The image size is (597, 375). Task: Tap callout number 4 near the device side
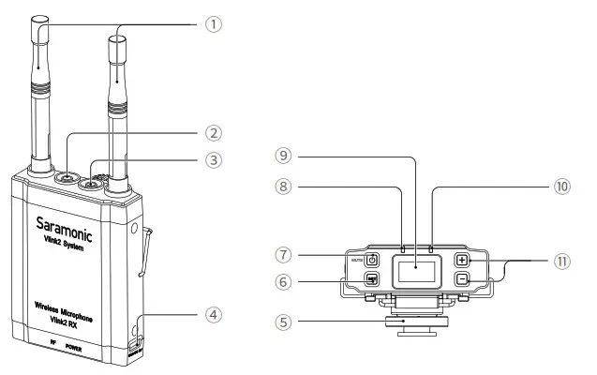pyautogui.click(x=215, y=314)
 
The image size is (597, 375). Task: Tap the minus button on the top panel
pyautogui.click(x=462, y=278)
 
